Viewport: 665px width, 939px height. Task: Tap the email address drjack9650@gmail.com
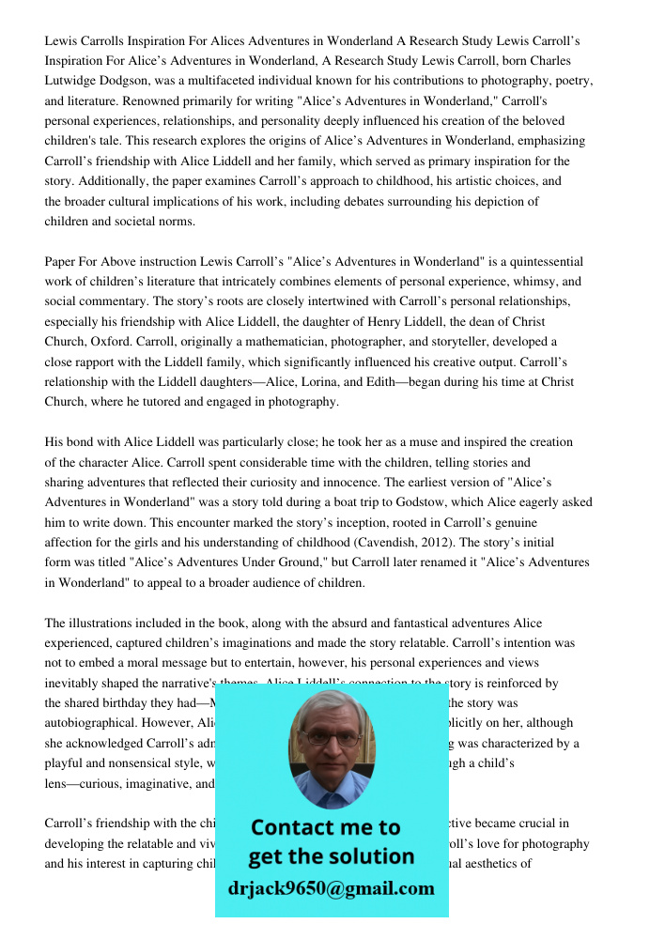tap(332, 888)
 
